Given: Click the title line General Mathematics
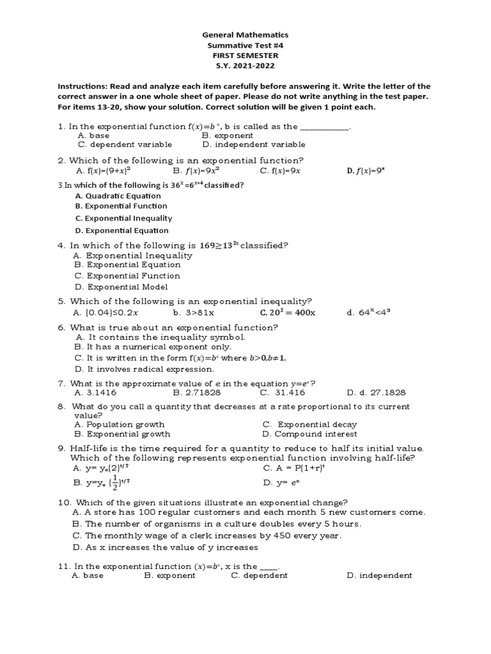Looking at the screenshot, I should (x=245, y=35).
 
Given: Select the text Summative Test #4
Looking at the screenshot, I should (x=245, y=46).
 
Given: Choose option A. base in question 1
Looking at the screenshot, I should (x=93, y=135).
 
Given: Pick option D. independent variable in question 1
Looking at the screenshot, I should (x=253, y=144).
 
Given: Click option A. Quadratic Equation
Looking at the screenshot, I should (x=118, y=196).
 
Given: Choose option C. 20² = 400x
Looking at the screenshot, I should (x=287, y=313).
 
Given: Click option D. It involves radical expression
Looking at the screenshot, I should (x=144, y=369).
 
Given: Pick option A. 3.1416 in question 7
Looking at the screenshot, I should (x=95, y=393).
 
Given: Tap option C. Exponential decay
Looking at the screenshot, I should (x=309, y=424).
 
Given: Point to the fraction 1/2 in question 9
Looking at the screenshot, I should (x=114, y=482).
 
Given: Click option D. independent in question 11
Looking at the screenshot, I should (x=379, y=575).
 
